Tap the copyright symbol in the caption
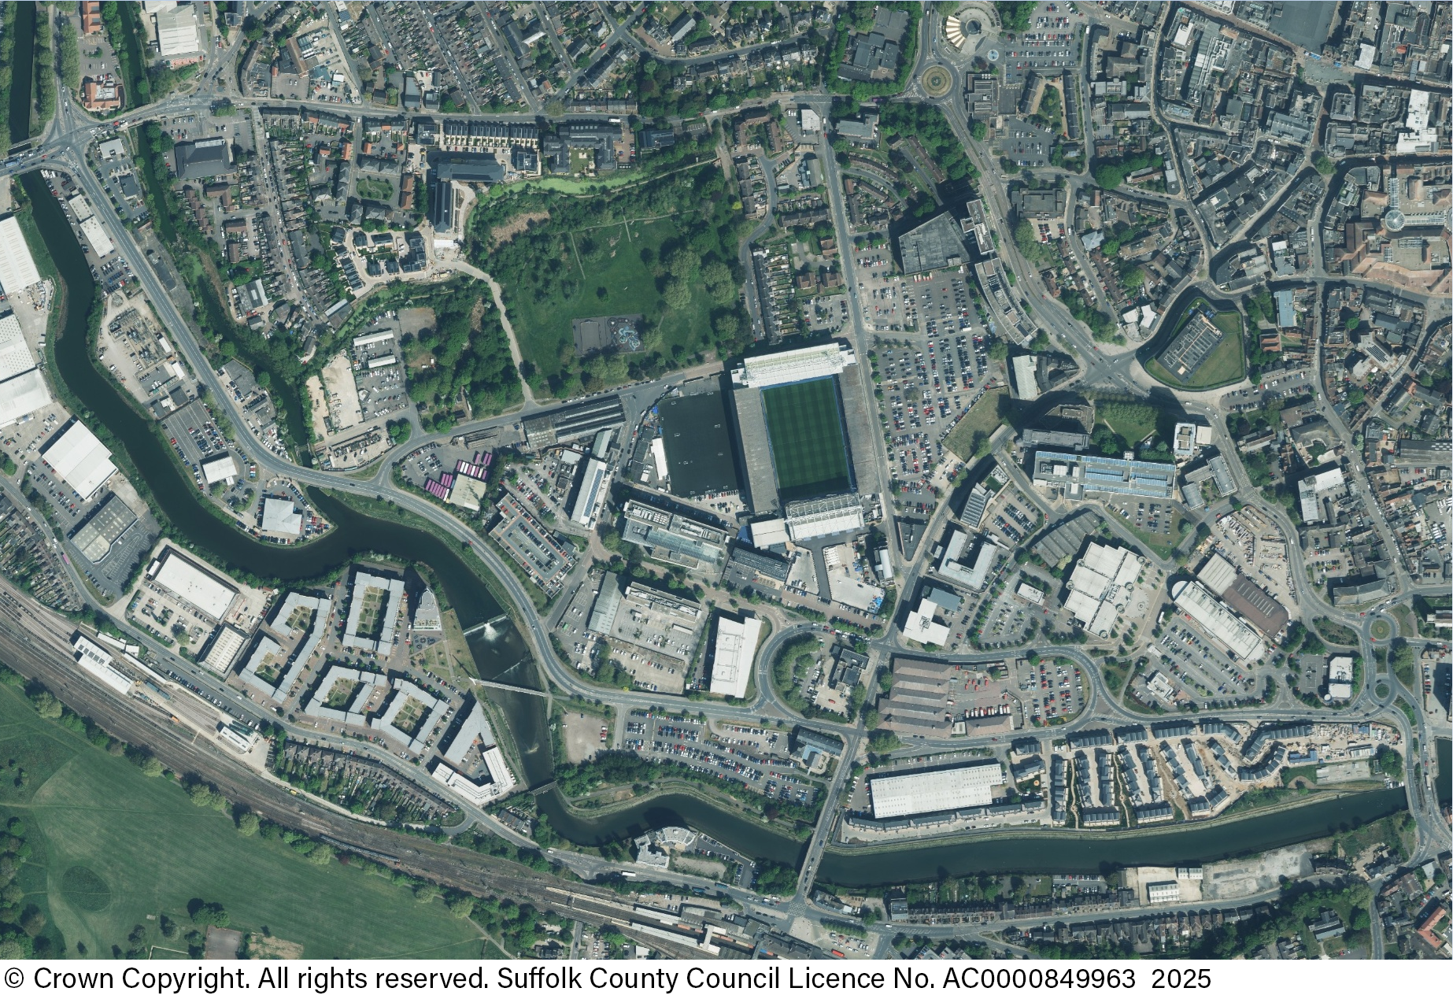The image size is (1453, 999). click(x=14, y=979)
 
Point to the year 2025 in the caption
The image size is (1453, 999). click(x=1181, y=979)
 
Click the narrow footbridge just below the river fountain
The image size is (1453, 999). click(x=512, y=687)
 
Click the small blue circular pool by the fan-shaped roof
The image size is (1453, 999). click(x=993, y=54)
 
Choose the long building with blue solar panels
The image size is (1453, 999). click(x=1104, y=475)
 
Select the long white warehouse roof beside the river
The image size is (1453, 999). click(x=936, y=790)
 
